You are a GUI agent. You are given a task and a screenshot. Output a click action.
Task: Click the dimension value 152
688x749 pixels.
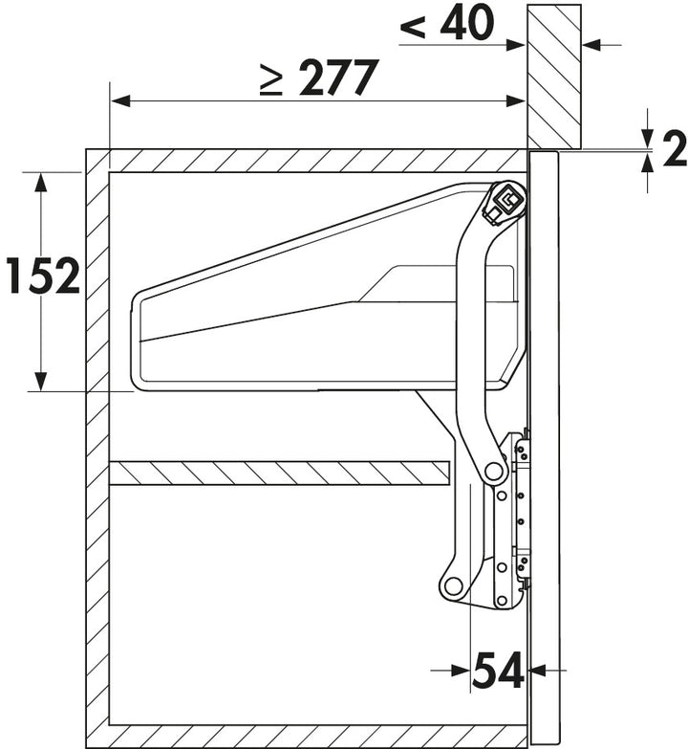(42, 275)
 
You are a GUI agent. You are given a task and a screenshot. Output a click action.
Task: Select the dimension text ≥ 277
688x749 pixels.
(319, 77)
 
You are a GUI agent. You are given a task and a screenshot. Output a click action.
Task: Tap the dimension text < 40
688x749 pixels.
(447, 22)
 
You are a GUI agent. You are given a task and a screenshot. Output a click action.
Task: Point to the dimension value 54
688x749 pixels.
(499, 670)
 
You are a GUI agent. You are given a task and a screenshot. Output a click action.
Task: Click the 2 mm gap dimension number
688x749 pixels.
(675, 150)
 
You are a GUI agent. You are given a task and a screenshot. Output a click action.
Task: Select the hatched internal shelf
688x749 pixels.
(280, 473)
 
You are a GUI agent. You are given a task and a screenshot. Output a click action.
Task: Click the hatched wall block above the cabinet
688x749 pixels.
(554, 76)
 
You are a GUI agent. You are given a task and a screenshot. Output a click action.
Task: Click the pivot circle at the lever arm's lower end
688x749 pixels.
(494, 472)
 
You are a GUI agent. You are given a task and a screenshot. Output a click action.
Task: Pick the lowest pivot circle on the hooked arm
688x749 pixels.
(453, 584)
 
